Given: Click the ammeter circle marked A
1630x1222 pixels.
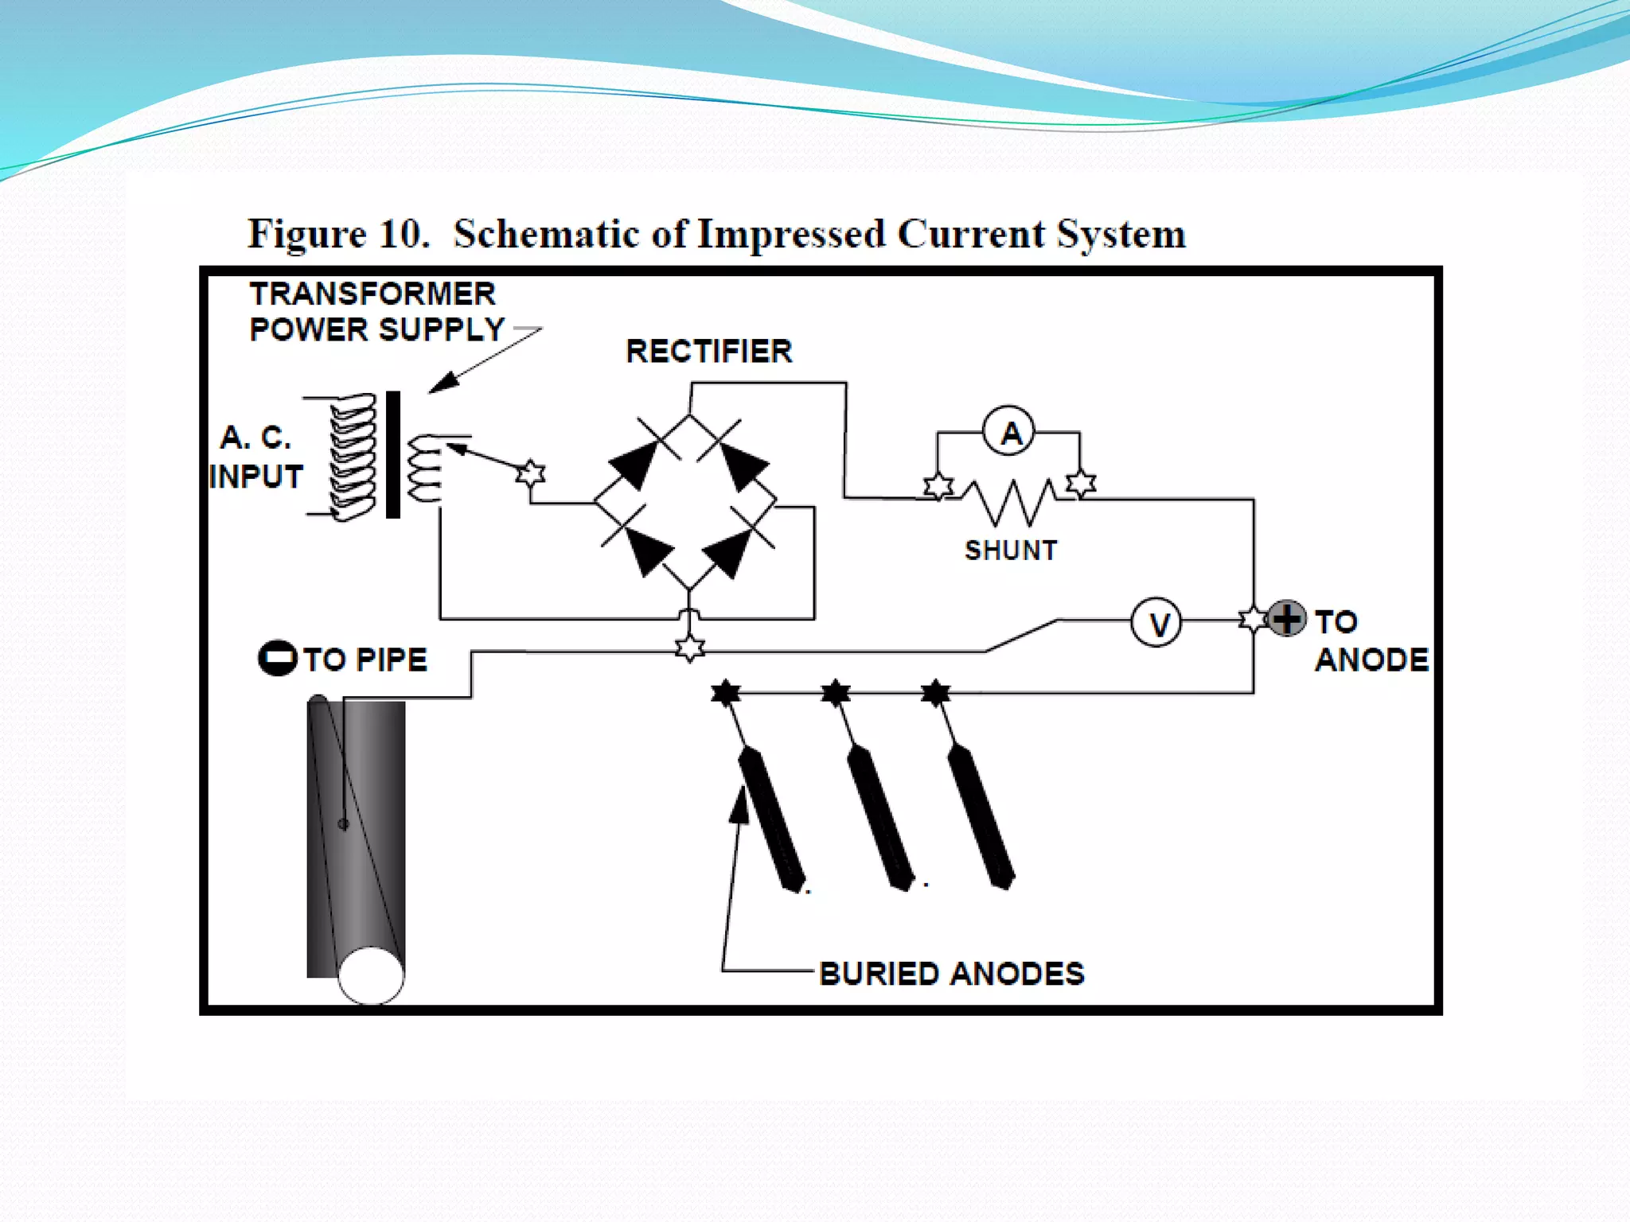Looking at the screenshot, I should click(x=1009, y=432).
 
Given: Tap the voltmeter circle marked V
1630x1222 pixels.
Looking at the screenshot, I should click(x=1156, y=623).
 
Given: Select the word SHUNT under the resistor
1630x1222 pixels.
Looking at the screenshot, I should click(x=1011, y=551).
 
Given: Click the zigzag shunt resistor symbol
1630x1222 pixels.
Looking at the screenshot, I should click(x=1011, y=501).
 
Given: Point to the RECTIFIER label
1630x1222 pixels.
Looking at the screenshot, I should click(x=708, y=351).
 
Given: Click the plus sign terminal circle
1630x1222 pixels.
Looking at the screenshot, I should click(x=1286, y=618).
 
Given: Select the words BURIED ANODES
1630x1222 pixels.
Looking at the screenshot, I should click(x=951, y=974).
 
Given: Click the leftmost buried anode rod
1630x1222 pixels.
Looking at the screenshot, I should click(x=771, y=819).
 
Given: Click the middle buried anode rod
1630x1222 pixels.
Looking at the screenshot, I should click(x=879, y=819).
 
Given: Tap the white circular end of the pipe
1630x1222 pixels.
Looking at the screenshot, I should click(x=371, y=975).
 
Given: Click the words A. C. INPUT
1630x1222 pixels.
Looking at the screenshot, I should click(x=255, y=457).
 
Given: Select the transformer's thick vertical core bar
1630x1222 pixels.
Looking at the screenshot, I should click(x=393, y=454).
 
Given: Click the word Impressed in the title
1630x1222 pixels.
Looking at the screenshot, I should click(x=790, y=235).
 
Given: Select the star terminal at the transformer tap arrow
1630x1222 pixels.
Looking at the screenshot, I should click(x=531, y=473).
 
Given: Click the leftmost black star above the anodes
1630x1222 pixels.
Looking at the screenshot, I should click(x=725, y=692).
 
